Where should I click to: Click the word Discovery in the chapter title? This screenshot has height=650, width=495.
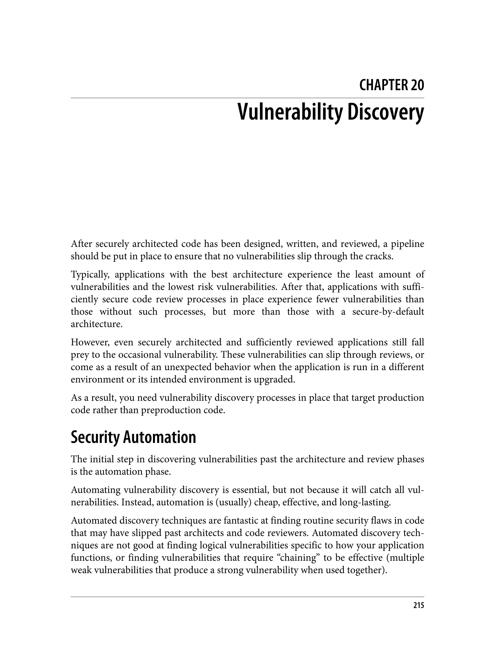pyautogui.click(x=386, y=113)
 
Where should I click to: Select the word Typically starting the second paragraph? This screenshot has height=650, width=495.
pyautogui.click(x=90, y=275)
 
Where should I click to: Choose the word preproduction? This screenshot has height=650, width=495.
pyautogui.click(x=176, y=410)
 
